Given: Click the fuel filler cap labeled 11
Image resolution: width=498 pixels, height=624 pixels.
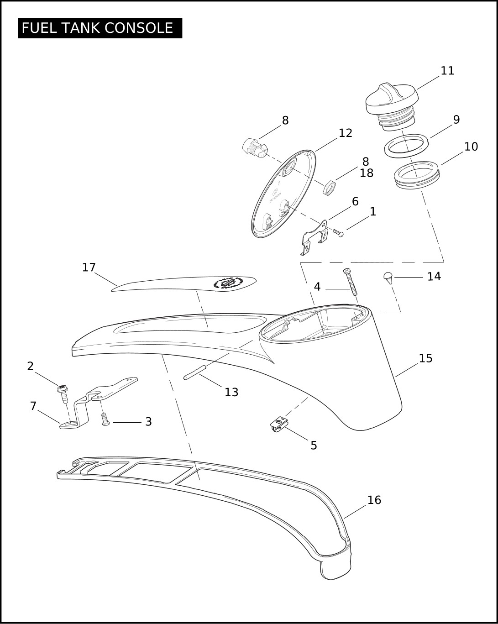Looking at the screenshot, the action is (392, 106).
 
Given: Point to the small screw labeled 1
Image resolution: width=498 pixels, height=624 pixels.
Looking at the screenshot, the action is (338, 232).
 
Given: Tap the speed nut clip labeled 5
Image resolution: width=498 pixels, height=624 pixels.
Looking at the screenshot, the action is (279, 424).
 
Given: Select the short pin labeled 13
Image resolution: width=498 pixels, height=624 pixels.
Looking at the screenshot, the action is (195, 372).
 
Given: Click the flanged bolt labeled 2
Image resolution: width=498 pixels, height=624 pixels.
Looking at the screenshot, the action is (63, 394).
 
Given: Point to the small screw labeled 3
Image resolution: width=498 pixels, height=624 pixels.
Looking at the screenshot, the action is (105, 419).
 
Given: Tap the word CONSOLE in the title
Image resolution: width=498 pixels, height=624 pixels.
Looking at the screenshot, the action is (139, 28).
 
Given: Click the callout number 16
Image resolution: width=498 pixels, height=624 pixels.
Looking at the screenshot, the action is (374, 500).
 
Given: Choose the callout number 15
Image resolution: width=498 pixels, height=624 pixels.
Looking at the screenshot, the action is (425, 358).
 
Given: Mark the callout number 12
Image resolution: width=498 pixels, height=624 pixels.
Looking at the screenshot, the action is (346, 133).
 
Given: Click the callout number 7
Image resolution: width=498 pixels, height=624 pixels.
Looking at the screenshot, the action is (33, 406).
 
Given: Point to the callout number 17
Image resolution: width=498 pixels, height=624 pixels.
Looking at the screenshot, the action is (89, 267).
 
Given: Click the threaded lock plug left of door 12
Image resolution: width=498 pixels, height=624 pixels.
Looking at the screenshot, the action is (255, 147).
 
